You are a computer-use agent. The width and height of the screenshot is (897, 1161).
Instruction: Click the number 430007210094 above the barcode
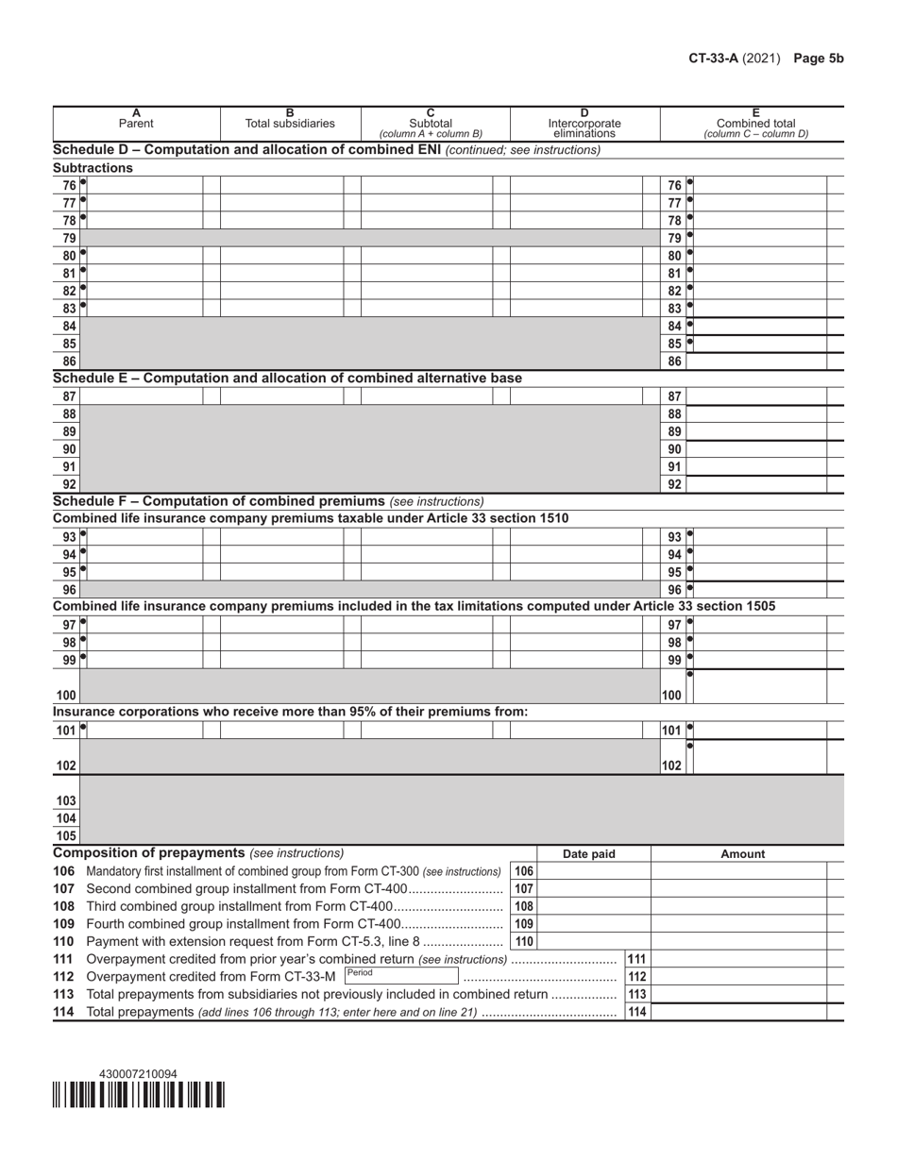[138, 1074]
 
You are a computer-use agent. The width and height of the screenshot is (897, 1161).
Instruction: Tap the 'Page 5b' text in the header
[818, 59]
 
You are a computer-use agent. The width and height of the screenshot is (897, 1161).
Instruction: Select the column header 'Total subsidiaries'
[290, 123]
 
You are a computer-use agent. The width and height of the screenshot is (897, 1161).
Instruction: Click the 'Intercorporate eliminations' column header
[584, 127]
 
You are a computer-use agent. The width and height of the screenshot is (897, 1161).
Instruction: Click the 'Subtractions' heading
[93, 168]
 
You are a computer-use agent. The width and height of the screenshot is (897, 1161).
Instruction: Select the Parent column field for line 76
[145, 185]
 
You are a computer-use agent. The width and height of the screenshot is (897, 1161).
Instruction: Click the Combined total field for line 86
[757, 362]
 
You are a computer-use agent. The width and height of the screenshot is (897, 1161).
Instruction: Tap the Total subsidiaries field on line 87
[281, 397]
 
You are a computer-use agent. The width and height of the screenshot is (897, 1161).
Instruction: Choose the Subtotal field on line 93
[427, 537]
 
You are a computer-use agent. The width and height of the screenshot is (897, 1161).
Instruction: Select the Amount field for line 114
[739, 1012]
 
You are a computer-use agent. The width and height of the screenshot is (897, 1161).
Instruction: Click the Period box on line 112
[401, 976]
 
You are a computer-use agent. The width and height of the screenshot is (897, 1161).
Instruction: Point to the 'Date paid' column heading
[589, 854]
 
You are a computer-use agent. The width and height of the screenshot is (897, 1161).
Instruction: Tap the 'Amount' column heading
[743, 854]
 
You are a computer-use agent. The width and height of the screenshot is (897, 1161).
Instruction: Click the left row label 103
[66, 800]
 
